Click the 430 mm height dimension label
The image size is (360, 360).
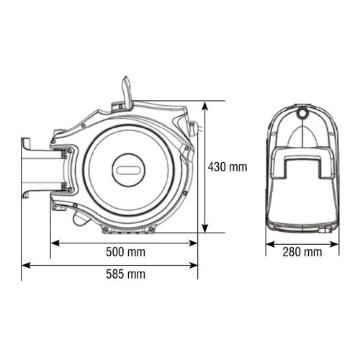tap(227, 167)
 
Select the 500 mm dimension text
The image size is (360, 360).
tap(125, 252)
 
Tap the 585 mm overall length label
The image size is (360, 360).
tap(125, 274)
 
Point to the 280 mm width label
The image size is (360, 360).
tap(302, 252)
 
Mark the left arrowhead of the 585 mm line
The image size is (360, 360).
tap(25, 264)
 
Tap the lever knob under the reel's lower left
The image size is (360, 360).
tap(61, 210)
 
